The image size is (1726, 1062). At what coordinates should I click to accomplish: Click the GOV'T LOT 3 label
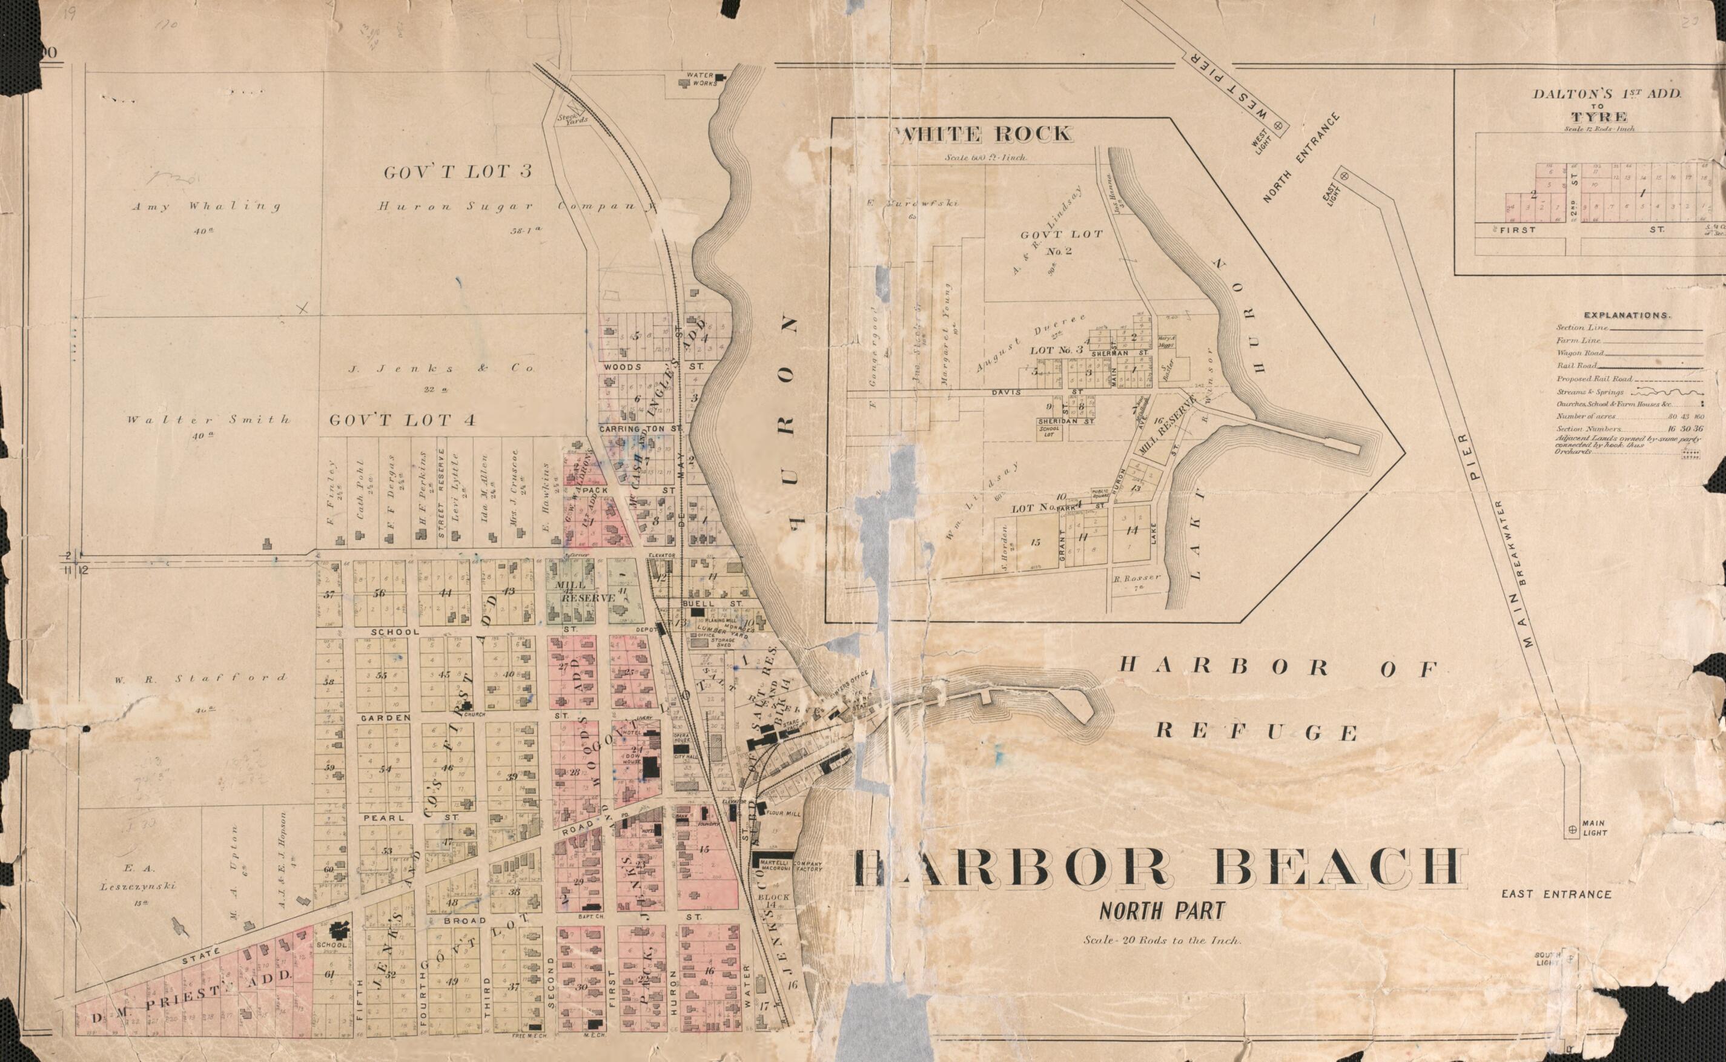coord(467,171)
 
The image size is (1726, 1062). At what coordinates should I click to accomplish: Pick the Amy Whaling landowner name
coord(206,206)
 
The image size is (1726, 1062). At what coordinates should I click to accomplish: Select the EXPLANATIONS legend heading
coord(1627,315)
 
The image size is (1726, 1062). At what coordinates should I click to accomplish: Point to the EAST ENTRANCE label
coord(1556,894)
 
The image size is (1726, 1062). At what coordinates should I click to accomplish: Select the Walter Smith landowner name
coord(208,420)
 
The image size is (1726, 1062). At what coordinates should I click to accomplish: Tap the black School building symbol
coord(342,929)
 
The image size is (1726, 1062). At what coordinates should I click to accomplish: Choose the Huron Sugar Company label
coord(517,206)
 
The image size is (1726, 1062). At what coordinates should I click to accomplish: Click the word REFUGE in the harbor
coord(1257,732)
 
